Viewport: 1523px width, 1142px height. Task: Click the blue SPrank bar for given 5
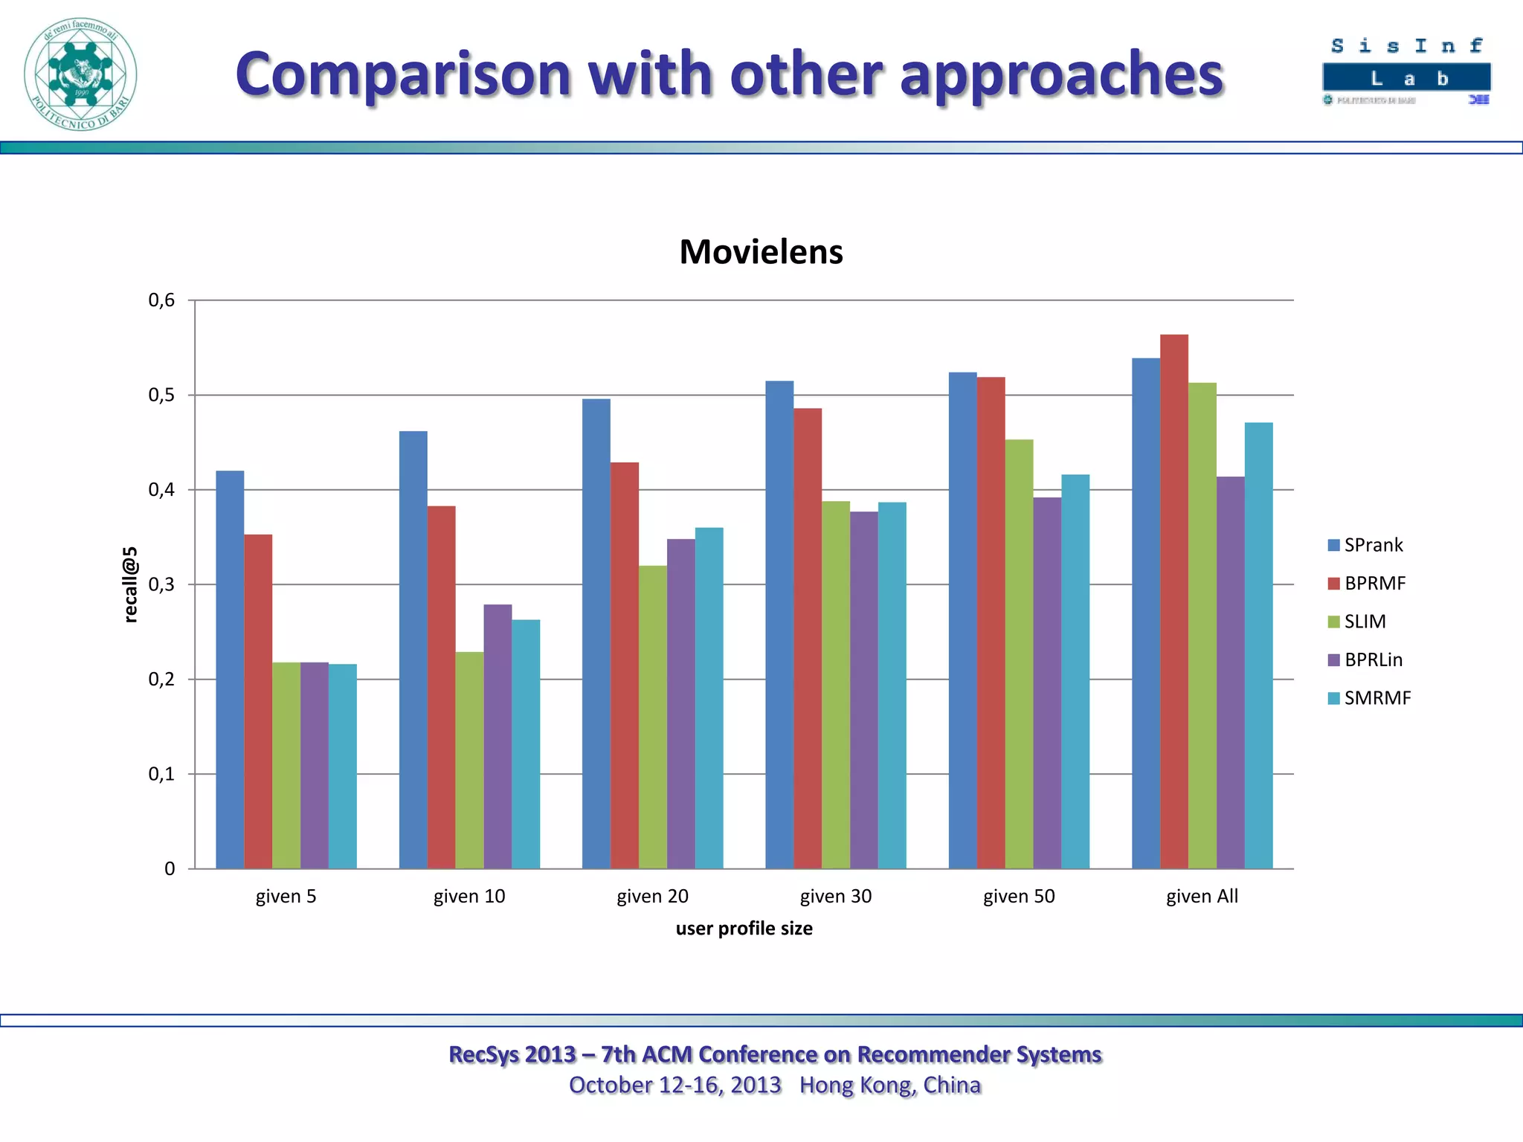230,669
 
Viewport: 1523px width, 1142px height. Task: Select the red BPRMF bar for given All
1173,602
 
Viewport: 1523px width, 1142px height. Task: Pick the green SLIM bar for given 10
469,760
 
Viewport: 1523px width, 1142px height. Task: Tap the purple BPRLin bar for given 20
680,703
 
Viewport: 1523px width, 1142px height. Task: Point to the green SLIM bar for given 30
835,685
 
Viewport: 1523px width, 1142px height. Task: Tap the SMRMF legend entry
1369,698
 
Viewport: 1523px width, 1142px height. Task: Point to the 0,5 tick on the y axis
162,395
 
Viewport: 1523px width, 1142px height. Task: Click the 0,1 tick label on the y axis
162,774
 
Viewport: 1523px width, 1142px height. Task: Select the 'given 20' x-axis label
652,896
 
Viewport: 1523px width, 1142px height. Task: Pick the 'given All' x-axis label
1202,896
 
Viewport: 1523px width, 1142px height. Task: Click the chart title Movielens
761,251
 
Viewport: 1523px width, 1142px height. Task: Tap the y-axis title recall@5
130,584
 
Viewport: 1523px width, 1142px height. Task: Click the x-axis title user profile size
744,929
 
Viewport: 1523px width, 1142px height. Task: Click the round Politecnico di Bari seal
80,74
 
